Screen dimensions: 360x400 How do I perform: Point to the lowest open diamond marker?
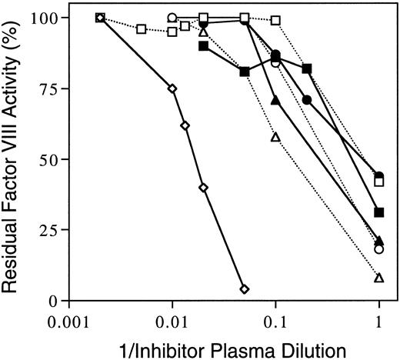point(245,289)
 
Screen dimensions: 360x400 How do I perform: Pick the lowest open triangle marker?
point(378,278)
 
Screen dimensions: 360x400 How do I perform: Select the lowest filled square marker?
point(378,212)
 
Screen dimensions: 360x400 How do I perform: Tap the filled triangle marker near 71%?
point(275,100)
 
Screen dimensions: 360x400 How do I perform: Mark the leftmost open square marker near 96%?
point(141,29)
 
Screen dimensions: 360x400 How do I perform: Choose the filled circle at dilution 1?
point(378,176)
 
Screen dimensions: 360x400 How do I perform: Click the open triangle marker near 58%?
point(275,137)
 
